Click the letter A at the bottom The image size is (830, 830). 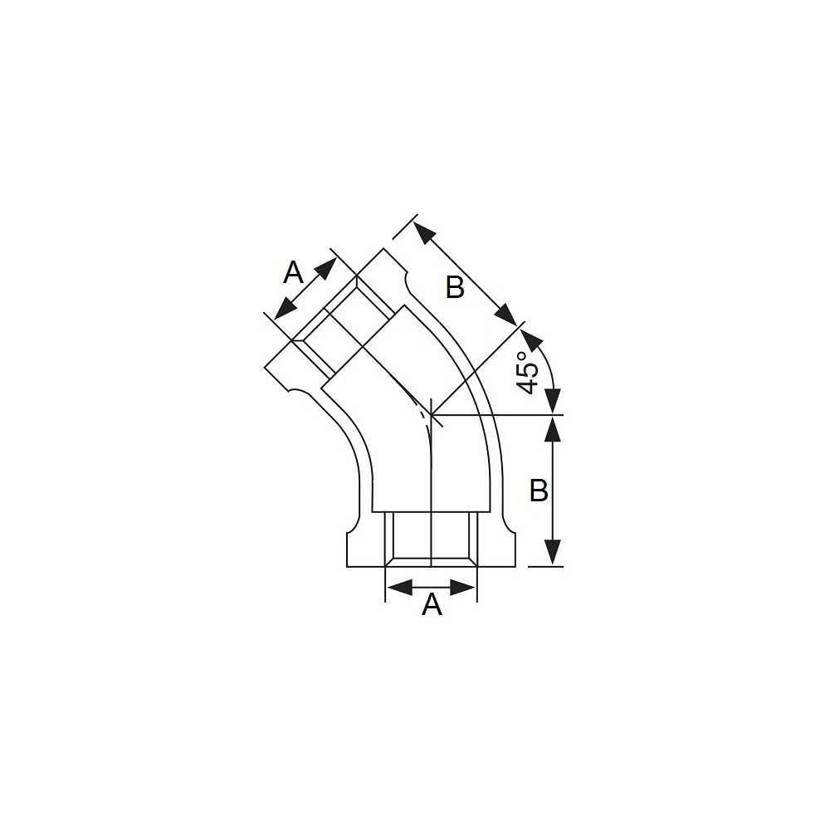coord(432,604)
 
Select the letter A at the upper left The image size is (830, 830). coord(293,273)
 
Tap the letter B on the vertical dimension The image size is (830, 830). coord(539,491)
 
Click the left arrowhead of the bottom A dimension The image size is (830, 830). coord(400,587)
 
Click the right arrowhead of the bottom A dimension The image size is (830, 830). coord(462,587)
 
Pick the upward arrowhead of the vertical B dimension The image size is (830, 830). coord(553,429)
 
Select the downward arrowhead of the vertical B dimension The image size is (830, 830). coord(553,552)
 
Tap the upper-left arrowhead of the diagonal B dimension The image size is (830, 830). coord(423,232)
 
